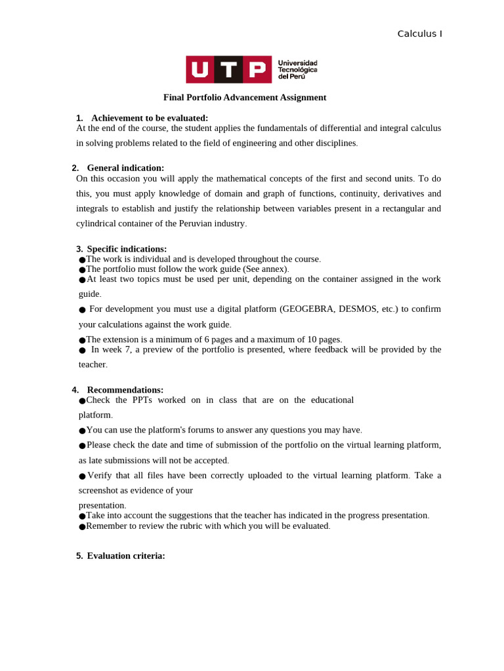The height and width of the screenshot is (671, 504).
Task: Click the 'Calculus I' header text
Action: (x=419, y=34)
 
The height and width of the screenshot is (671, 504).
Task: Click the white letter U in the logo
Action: (x=200, y=69)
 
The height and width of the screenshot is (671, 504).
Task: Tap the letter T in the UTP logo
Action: (x=228, y=69)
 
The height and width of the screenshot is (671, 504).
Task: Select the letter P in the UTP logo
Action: (x=257, y=69)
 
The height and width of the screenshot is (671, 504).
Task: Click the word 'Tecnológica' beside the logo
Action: (x=297, y=69)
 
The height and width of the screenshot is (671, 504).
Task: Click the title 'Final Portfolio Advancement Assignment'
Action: (x=244, y=98)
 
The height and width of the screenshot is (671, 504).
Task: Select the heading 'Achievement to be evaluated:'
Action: (x=150, y=118)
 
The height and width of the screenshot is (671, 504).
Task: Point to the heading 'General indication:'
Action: (x=125, y=168)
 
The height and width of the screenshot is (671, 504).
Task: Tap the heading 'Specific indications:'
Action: (x=127, y=249)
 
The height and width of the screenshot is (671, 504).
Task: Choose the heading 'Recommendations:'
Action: (x=125, y=390)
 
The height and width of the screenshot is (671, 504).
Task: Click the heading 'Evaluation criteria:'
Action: (x=126, y=556)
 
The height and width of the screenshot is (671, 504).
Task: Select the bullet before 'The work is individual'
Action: (x=82, y=260)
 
